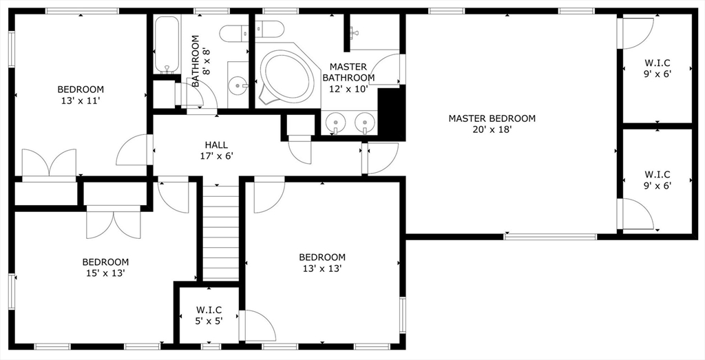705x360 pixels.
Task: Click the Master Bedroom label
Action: click(x=492, y=118)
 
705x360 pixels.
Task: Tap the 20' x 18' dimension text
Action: click(x=492, y=130)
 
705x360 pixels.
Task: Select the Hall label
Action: click(x=216, y=145)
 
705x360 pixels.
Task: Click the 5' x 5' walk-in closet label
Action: click(x=209, y=315)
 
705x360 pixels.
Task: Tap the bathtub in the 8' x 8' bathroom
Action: click(x=167, y=45)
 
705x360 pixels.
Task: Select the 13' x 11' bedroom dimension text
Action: click(x=80, y=100)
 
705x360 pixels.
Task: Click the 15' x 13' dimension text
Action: click(x=105, y=273)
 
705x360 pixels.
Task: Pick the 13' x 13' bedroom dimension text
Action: click(x=322, y=268)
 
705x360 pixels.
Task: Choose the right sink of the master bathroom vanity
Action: click(x=365, y=122)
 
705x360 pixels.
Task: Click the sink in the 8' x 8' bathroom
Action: click(x=238, y=85)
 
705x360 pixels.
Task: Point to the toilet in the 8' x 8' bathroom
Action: click(x=235, y=33)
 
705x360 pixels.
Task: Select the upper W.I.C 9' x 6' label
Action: click(x=657, y=69)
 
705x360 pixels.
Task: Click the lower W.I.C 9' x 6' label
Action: click(x=657, y=180)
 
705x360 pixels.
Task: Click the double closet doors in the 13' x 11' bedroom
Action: click(x=49, y=162)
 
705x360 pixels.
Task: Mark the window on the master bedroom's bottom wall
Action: click(x=550, y=236)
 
